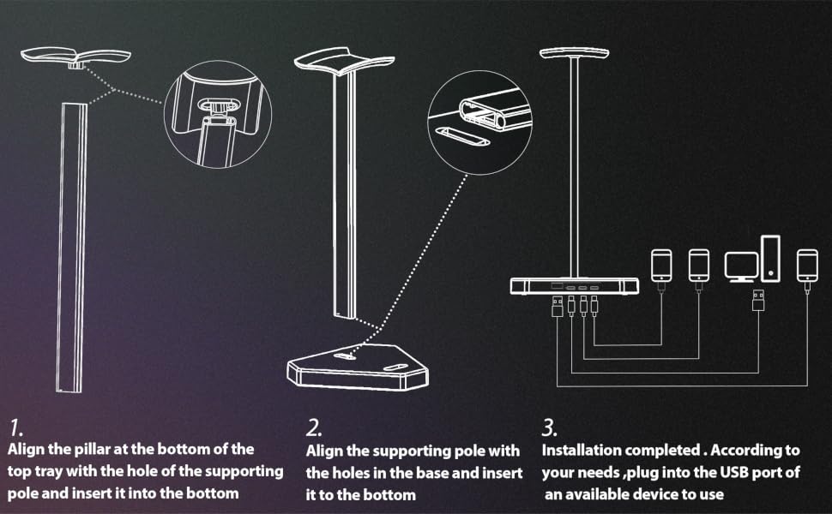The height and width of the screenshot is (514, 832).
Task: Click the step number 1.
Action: (15, 427)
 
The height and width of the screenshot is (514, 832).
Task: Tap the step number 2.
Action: (314, 427)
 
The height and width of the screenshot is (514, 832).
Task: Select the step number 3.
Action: (549, 427)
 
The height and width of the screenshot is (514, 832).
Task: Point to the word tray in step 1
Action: (49, 471)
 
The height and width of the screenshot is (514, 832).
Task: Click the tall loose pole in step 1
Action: (72, 248)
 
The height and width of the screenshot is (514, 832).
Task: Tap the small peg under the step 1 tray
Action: (76, 65)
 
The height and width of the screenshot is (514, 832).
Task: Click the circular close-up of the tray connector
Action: (218, 115)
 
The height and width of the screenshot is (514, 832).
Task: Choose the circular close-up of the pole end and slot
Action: (480, 123)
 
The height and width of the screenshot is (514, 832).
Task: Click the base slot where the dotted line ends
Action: (345, 356)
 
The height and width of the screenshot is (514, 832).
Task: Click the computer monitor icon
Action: (741, 267)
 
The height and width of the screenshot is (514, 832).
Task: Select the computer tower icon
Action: (770, 258)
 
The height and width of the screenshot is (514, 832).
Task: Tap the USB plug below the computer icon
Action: (758, 300)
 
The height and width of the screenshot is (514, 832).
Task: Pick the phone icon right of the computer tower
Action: (807, 266)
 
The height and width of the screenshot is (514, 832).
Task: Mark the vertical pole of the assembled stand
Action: (574, 167)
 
